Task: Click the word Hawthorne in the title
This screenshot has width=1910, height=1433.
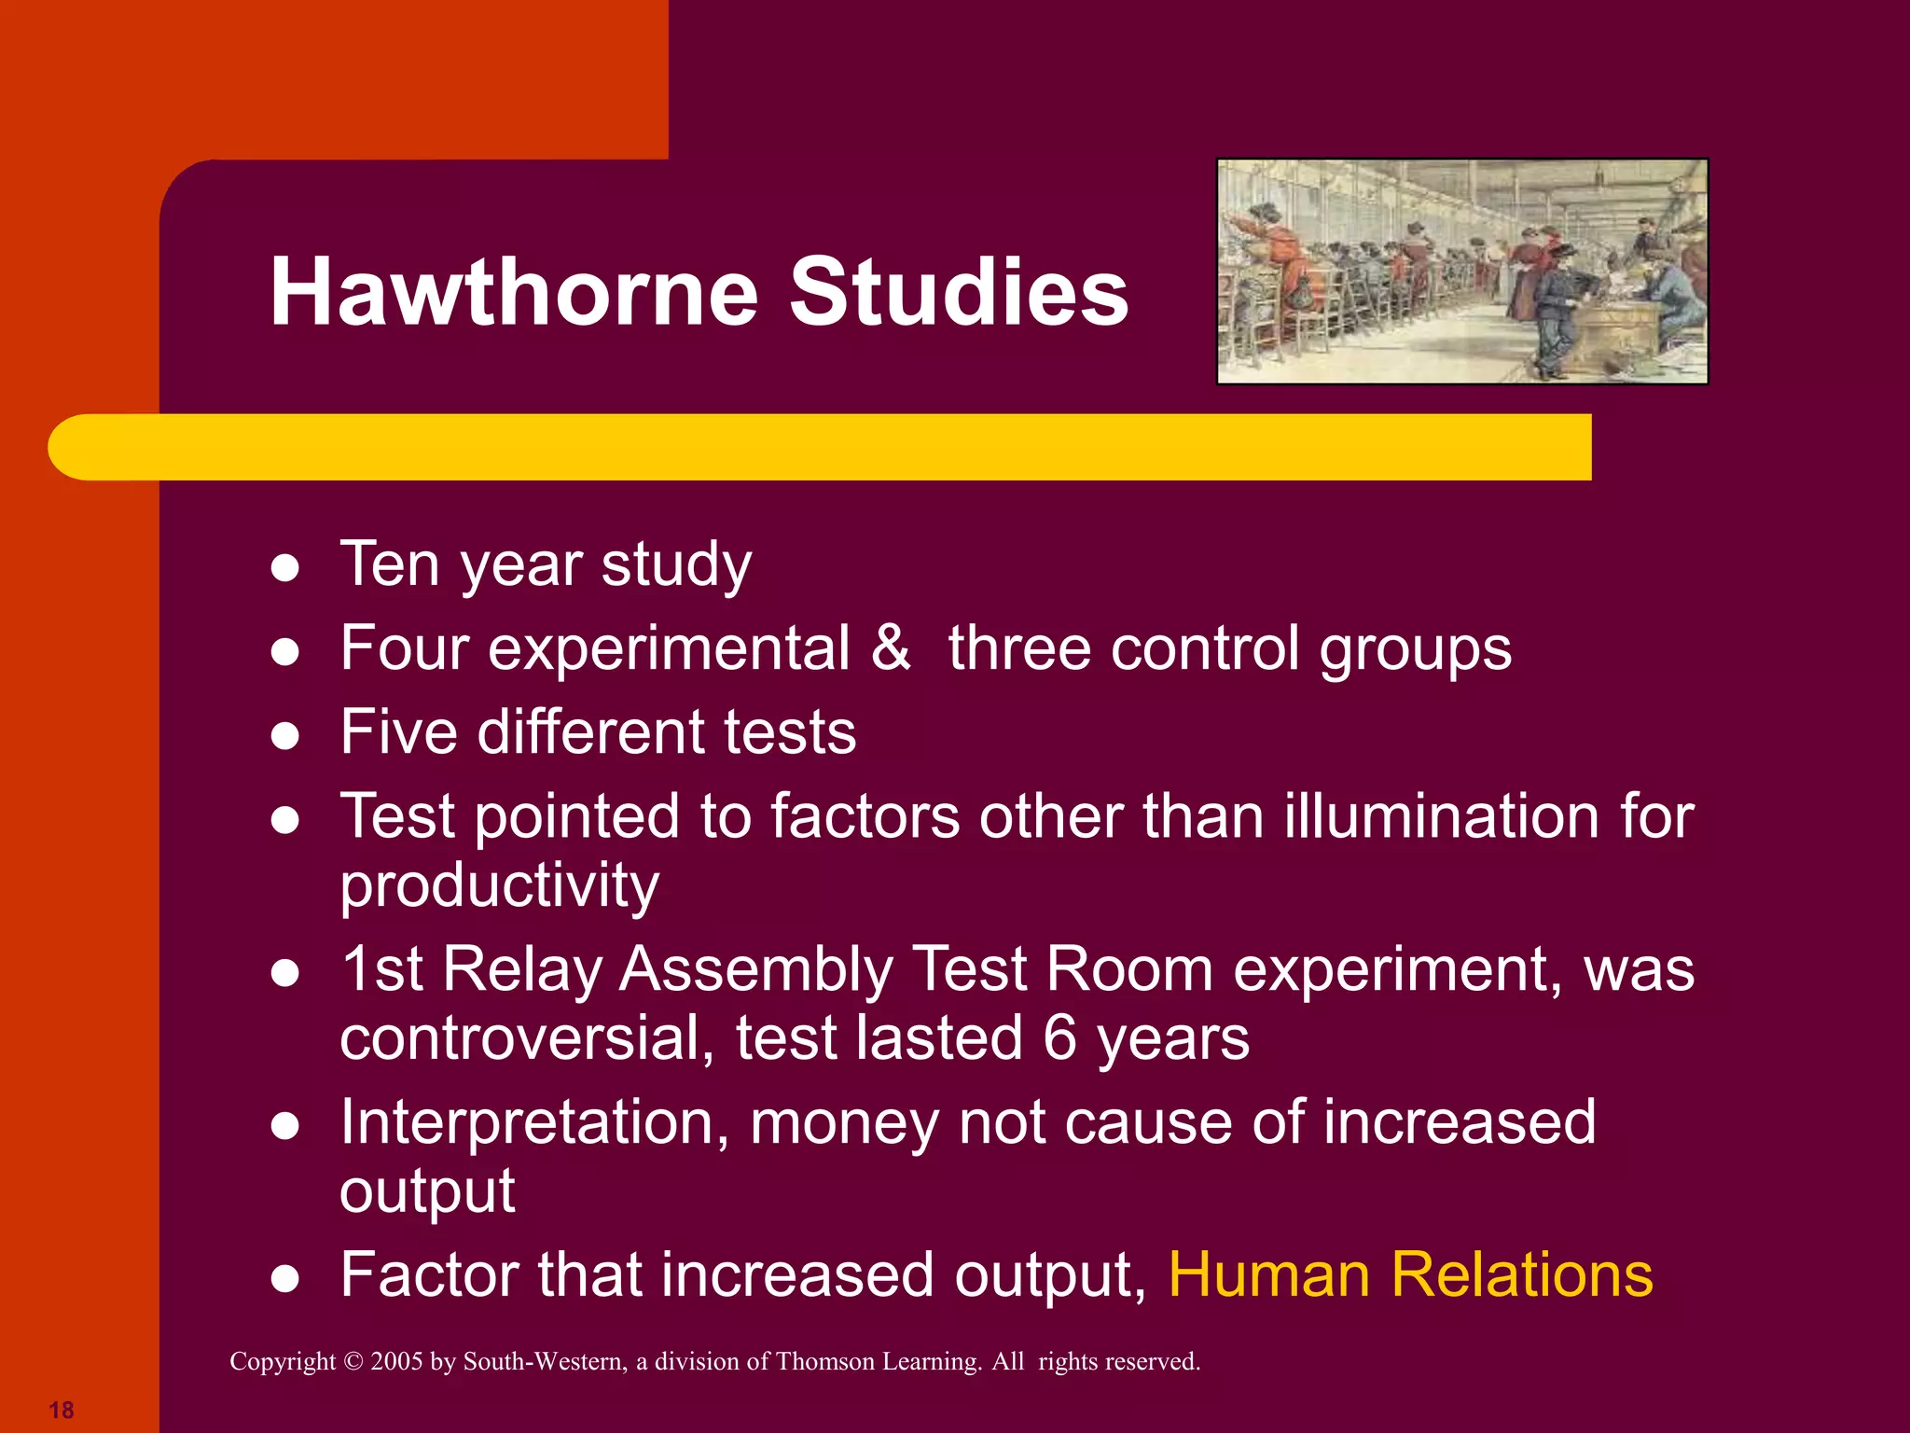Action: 514,293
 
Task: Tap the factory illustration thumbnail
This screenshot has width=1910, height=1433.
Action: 1462,271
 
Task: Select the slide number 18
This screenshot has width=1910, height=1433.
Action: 62,1410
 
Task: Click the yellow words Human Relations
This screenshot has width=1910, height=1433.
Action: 1410,1274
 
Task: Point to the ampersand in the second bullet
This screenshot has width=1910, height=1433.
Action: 891,647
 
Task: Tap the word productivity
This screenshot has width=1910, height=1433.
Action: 499,886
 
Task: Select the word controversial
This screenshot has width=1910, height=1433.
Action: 526,1038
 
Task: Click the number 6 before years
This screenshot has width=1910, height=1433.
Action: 1059,1037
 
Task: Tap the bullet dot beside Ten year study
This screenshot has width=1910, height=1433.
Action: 284,568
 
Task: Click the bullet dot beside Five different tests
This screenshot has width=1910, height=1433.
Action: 284,737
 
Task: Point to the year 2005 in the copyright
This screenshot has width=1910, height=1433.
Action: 396,1362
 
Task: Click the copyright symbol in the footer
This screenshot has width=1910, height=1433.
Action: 353,1362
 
